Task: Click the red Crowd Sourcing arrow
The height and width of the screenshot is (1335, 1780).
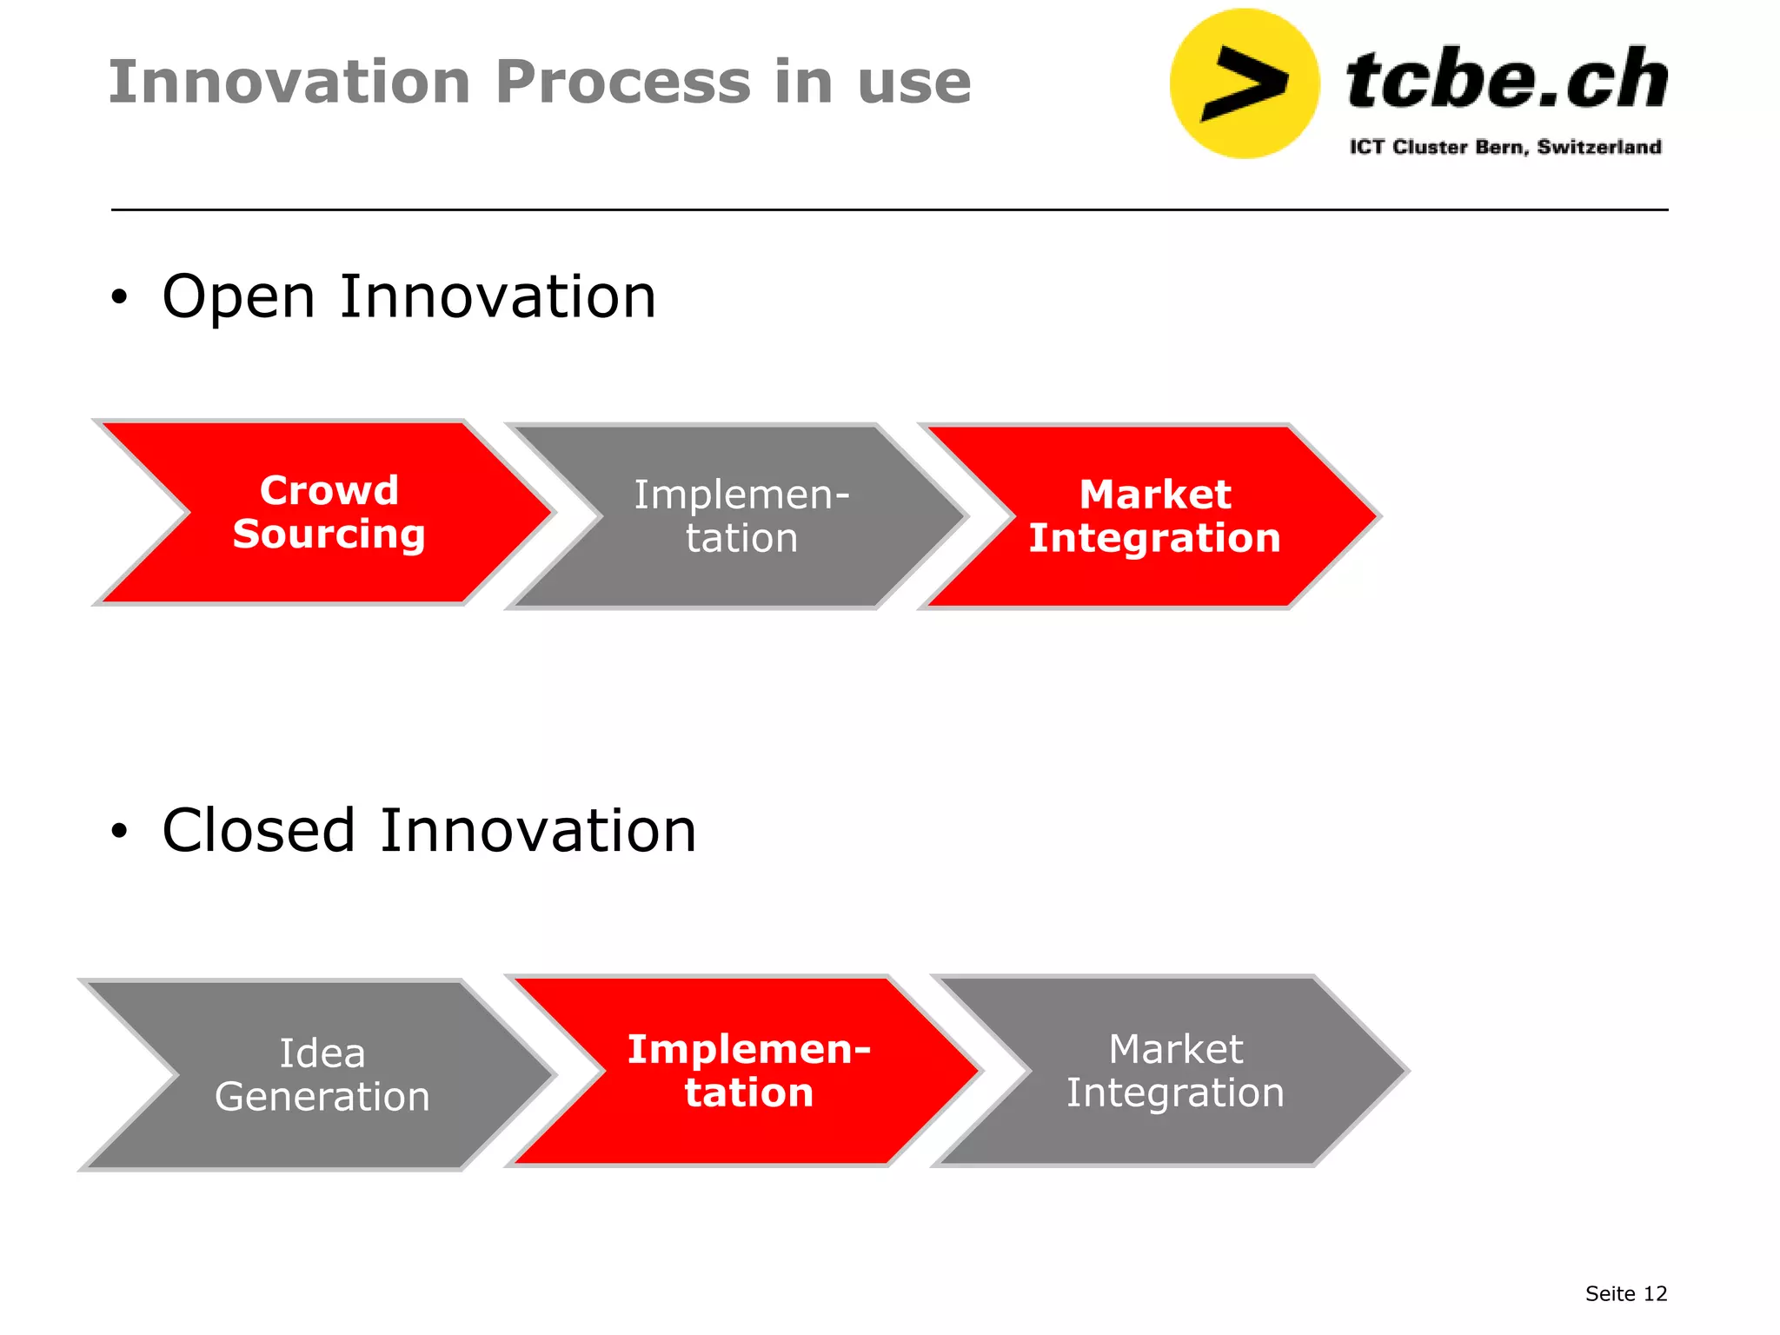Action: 330,565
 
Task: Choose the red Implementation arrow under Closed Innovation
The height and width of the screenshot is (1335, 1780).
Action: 747,1130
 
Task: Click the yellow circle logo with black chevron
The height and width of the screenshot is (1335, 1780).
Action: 1245,83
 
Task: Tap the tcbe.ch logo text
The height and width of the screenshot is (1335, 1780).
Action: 1506,80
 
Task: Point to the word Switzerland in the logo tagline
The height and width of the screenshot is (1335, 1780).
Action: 1598,147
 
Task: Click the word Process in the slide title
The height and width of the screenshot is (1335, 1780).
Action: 622,83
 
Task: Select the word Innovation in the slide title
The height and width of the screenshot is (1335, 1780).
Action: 289,83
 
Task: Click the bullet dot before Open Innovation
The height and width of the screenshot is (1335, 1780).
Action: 119,298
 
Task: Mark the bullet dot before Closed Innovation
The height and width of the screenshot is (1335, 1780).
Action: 119,832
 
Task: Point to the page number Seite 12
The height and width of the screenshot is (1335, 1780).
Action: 1625,1293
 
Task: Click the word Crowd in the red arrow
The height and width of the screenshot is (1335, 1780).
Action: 329,491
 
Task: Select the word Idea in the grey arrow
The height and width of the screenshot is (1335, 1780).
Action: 322,1053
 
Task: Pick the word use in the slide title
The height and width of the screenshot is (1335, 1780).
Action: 913,83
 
